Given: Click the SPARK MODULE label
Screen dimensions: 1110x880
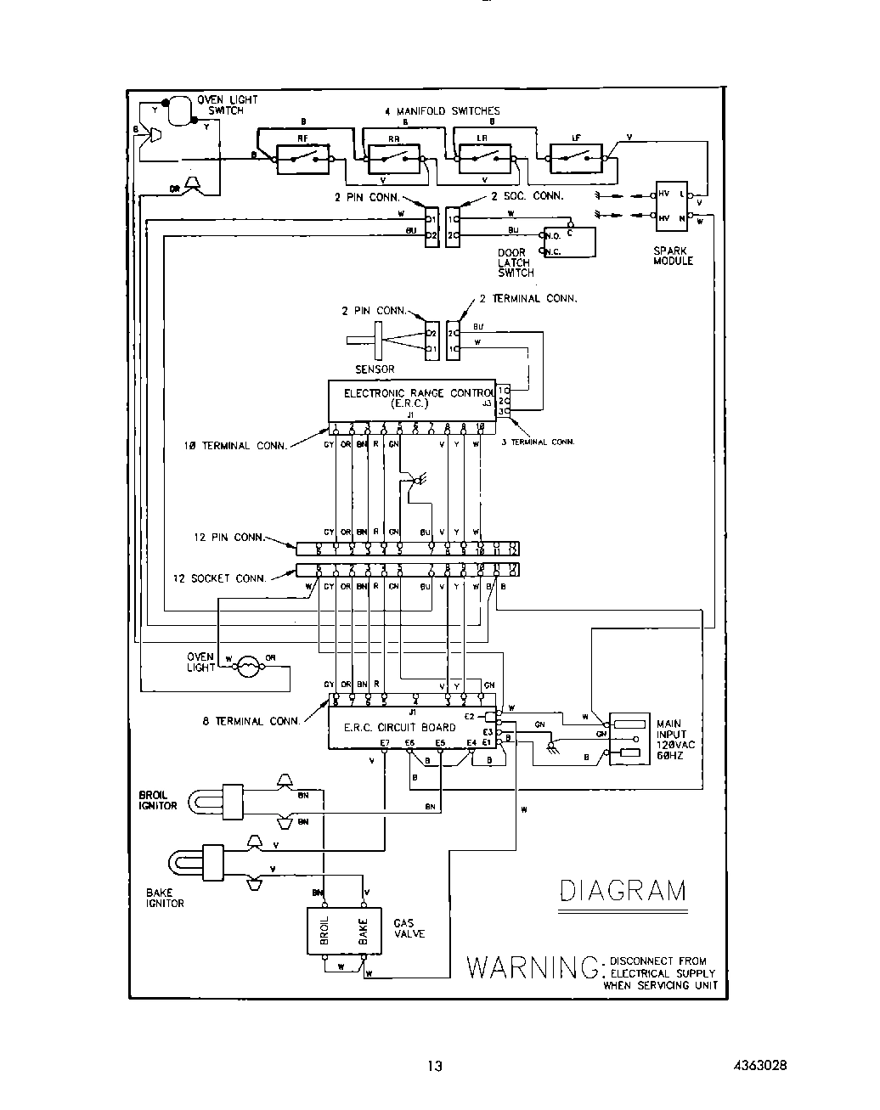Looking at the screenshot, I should pos(673,256).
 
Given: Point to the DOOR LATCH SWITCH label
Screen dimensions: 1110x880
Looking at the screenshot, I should pos(516,262).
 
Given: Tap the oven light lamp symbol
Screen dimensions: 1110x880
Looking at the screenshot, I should pos(247,667).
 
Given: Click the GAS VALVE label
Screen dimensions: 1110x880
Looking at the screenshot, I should pos(409,927).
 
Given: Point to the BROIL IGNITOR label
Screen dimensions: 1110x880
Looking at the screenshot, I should pos(158,800).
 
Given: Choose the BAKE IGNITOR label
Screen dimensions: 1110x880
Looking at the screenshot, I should pos(165,898).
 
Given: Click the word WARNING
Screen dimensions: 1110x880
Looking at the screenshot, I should pos(532,967).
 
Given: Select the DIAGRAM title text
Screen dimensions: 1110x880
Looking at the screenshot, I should pos(623,891).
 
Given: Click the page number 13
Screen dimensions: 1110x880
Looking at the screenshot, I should pos(435,1067).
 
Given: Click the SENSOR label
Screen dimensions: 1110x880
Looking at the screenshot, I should pos(374,369).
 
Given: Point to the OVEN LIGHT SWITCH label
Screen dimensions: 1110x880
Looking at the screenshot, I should pos(227,105).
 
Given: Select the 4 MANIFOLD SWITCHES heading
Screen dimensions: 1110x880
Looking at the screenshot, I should pos(443,110).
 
